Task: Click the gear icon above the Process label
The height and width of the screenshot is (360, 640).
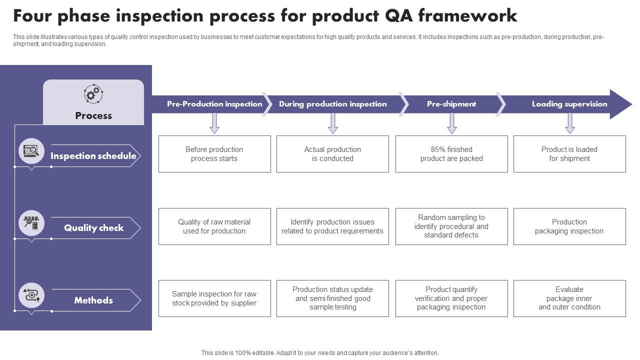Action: pyautogui.click(x=93, y=94)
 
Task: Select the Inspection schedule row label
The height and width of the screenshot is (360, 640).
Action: pyautogui.click(x=93, y=156)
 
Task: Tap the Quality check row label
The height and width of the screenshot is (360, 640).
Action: pyautogui.click(x=93, y=228)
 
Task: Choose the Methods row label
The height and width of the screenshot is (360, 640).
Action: pyautogui.click(x=93, y=300)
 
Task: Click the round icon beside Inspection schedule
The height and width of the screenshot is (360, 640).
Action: pyautogui.click(x=31, y=151)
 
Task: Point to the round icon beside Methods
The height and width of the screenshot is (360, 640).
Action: pyautogui.click(x=31, y=295)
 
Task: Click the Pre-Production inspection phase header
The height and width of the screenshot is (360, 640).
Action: pyautogui.click(x=214, y=104)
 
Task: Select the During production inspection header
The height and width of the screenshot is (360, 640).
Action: pyautogui.click(x=332, y=104)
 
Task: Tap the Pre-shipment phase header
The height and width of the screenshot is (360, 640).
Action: pyautogui.click(x=451, y=104)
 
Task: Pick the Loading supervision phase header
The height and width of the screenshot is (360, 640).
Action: pyautogui.click(x=569, y=104)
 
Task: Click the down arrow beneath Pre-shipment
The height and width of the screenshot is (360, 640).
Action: pyautogui.click(x=452, y=123)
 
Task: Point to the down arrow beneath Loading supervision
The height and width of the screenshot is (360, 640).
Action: pyautogui.click(x=570, y=123)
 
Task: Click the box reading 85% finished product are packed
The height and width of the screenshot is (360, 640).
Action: pyautogui.click(x=451, y=154)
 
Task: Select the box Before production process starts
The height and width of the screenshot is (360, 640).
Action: pyautogui.click(x=214, y=154)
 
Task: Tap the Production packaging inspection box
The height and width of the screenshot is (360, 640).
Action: pyautogui.click(x=569, y=226)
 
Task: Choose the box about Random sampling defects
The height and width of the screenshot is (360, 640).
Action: pyautogui.click(x=451, y=226)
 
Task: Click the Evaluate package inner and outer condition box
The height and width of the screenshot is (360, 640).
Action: pyautogui.click(x=569, y=298)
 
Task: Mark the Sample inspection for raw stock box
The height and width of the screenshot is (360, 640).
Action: pyautogui.click(x=214, y=298)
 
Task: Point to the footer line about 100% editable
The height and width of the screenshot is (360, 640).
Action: pyautogui.click(x=320, y=353)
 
